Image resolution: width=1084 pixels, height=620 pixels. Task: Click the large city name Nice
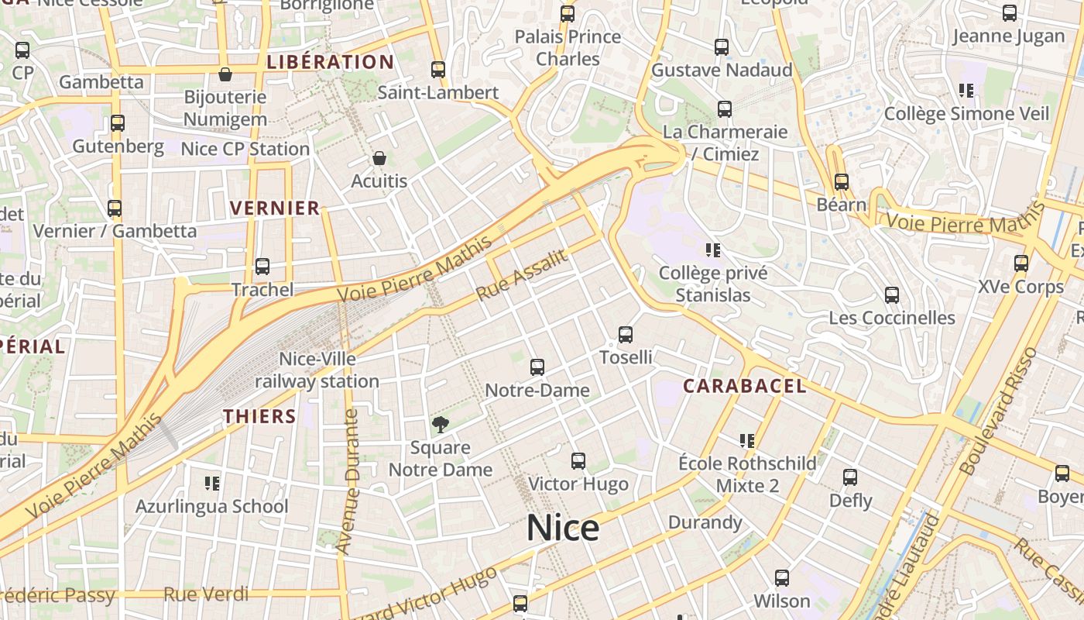(563, 529)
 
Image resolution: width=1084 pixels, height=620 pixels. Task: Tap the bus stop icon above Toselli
(626, 335)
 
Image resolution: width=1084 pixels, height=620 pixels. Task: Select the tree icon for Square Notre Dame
(440, 425)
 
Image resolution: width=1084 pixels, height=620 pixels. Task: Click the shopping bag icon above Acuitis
(379, 158)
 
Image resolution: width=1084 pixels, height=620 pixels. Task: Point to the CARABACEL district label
(744, 386)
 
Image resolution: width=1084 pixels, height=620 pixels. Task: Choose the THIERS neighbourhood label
(260, 416)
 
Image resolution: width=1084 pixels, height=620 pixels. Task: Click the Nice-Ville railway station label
(317, 370)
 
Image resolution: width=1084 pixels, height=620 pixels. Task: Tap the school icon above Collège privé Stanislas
(713, 250)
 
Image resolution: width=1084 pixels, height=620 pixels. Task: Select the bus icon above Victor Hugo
(578, 461)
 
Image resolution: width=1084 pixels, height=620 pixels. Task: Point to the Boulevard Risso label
(998, 411)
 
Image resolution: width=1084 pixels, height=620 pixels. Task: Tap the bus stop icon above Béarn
(842, 182)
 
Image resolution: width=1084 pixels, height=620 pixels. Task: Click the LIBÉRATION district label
(331, 62)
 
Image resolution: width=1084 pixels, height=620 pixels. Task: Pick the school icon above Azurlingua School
(212, 484)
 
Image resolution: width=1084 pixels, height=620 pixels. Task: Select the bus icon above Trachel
(262, 267)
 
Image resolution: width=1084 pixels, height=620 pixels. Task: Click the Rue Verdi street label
(207, 594)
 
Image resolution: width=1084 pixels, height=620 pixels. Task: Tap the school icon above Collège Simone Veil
(966, 91)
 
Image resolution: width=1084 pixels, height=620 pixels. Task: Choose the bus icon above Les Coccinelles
(892, 295)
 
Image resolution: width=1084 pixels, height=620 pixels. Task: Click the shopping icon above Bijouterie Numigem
(225, 74)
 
